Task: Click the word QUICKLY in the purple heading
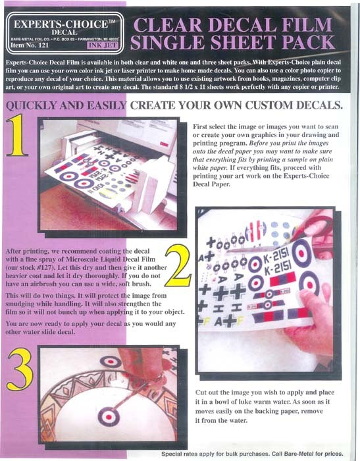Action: pyautogui.click(x=38, y=105)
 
